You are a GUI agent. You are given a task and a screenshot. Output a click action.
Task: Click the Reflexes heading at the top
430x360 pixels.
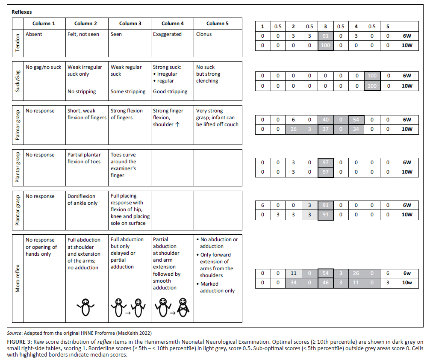tap(22, 12)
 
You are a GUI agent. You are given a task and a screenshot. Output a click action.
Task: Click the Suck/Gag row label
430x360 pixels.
tap(18, 80)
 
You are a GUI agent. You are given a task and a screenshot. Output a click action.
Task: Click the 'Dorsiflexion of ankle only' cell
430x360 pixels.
tap(82, 200)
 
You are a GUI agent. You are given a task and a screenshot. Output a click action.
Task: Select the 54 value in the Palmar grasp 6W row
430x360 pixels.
tap(356, 120)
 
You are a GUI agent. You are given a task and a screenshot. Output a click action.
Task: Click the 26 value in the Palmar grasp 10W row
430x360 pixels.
tap(294, 129)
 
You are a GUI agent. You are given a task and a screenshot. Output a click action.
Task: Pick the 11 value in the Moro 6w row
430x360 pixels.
tap(294, 273)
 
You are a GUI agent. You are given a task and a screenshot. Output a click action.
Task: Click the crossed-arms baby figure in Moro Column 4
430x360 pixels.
tap(183, 307)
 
